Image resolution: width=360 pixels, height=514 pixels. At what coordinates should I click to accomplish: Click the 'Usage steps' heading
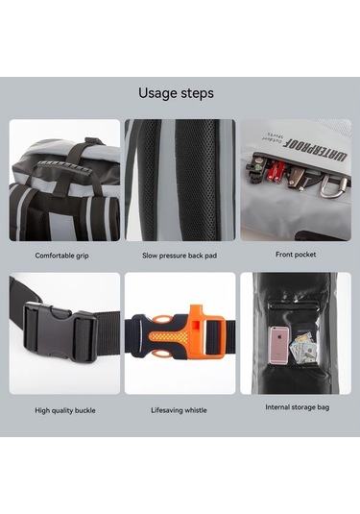click(176, 93)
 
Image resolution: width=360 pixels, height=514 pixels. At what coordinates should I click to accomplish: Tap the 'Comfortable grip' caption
click(61, 256)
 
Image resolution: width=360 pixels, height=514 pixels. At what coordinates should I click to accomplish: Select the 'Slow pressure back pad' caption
click(180, 256)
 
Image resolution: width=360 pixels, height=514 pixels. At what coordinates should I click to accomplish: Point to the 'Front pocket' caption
click(296, 255)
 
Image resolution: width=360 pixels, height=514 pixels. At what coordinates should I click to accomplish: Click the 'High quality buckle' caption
click(65, 410)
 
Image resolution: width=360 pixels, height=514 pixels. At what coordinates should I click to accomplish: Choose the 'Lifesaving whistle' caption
click(179, 410)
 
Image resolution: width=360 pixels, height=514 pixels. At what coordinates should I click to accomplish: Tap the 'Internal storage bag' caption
click(298, 407)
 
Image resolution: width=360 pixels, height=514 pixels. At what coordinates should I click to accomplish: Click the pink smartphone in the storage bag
click(278, 346)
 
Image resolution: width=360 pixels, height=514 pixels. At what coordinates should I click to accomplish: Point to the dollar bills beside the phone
click(303, 348)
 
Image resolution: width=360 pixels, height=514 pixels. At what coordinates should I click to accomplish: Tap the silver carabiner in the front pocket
click(332, 187)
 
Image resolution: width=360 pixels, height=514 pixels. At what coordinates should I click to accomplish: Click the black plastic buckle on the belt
click(61, 331)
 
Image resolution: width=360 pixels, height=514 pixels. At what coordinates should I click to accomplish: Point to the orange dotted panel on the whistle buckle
click(170, 336)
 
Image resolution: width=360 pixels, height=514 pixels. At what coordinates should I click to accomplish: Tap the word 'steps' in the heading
click(195, 94)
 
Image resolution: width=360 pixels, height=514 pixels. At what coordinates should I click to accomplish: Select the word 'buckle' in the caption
click(85, 410)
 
